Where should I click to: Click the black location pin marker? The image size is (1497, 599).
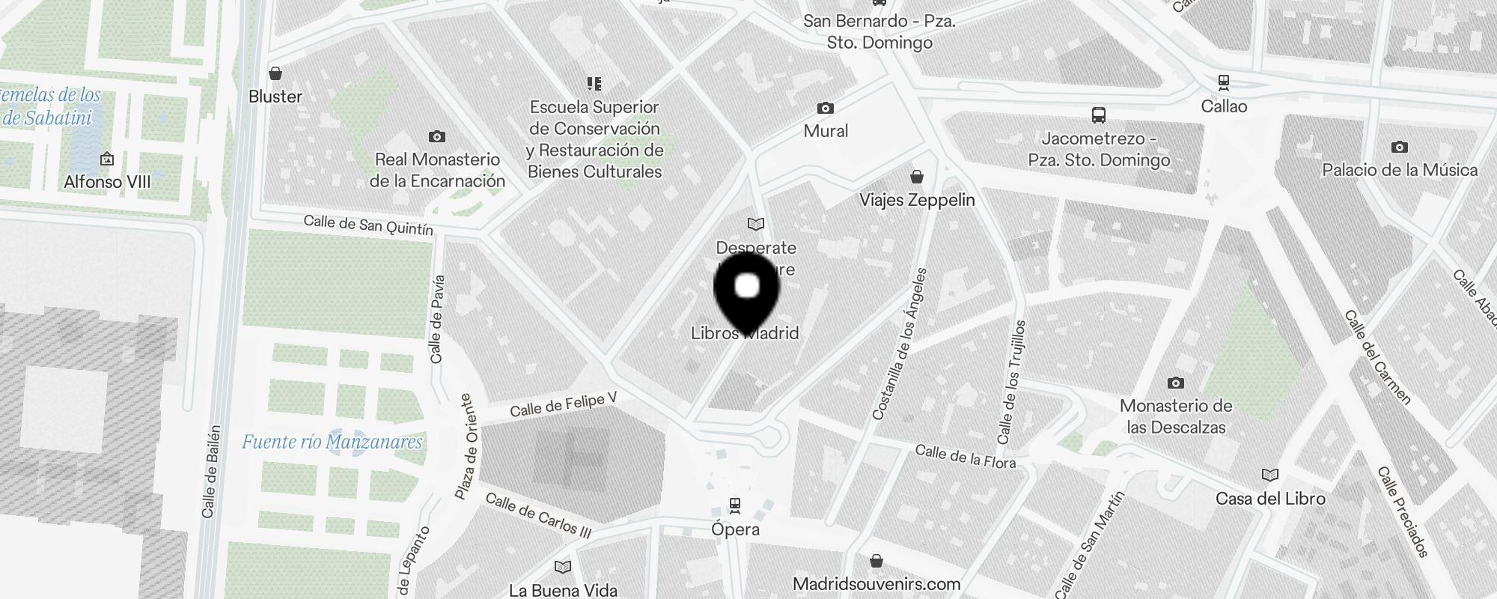(x=747, y=293)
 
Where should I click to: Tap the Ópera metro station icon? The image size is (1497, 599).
(x=735, y=505)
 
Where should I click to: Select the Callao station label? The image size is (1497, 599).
(x=1224, y=106)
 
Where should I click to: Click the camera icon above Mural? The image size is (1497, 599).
(x=826, y=109)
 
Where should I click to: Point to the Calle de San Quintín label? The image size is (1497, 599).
(x=368, y=225)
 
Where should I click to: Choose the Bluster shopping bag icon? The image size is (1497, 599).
(x=275, y=73)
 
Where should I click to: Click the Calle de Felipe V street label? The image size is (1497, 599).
(x=563, y=404)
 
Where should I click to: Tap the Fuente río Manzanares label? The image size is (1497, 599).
(x=332, y=442)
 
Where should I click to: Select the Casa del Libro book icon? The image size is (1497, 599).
(x=1270, y=475)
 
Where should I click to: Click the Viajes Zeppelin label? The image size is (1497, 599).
(x=917, y=200)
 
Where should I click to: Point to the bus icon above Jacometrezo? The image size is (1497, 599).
(x=1099, y=115)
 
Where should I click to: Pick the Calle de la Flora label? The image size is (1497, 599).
(x=966, y=457)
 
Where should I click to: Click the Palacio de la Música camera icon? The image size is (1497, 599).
(x=1400, y=148)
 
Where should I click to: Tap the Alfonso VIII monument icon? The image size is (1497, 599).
(x=107, y=159)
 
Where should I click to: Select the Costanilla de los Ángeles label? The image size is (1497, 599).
(x=900, y=344)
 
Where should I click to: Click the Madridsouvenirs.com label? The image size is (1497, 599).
(x=876, y=584)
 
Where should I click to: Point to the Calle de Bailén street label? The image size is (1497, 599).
(x=212, y=472)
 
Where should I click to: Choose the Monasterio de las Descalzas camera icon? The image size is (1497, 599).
(x=1176, y=383)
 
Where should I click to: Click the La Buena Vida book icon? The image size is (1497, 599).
(x=563, y=568)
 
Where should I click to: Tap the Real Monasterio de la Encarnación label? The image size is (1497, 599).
(x=437, y=170)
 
